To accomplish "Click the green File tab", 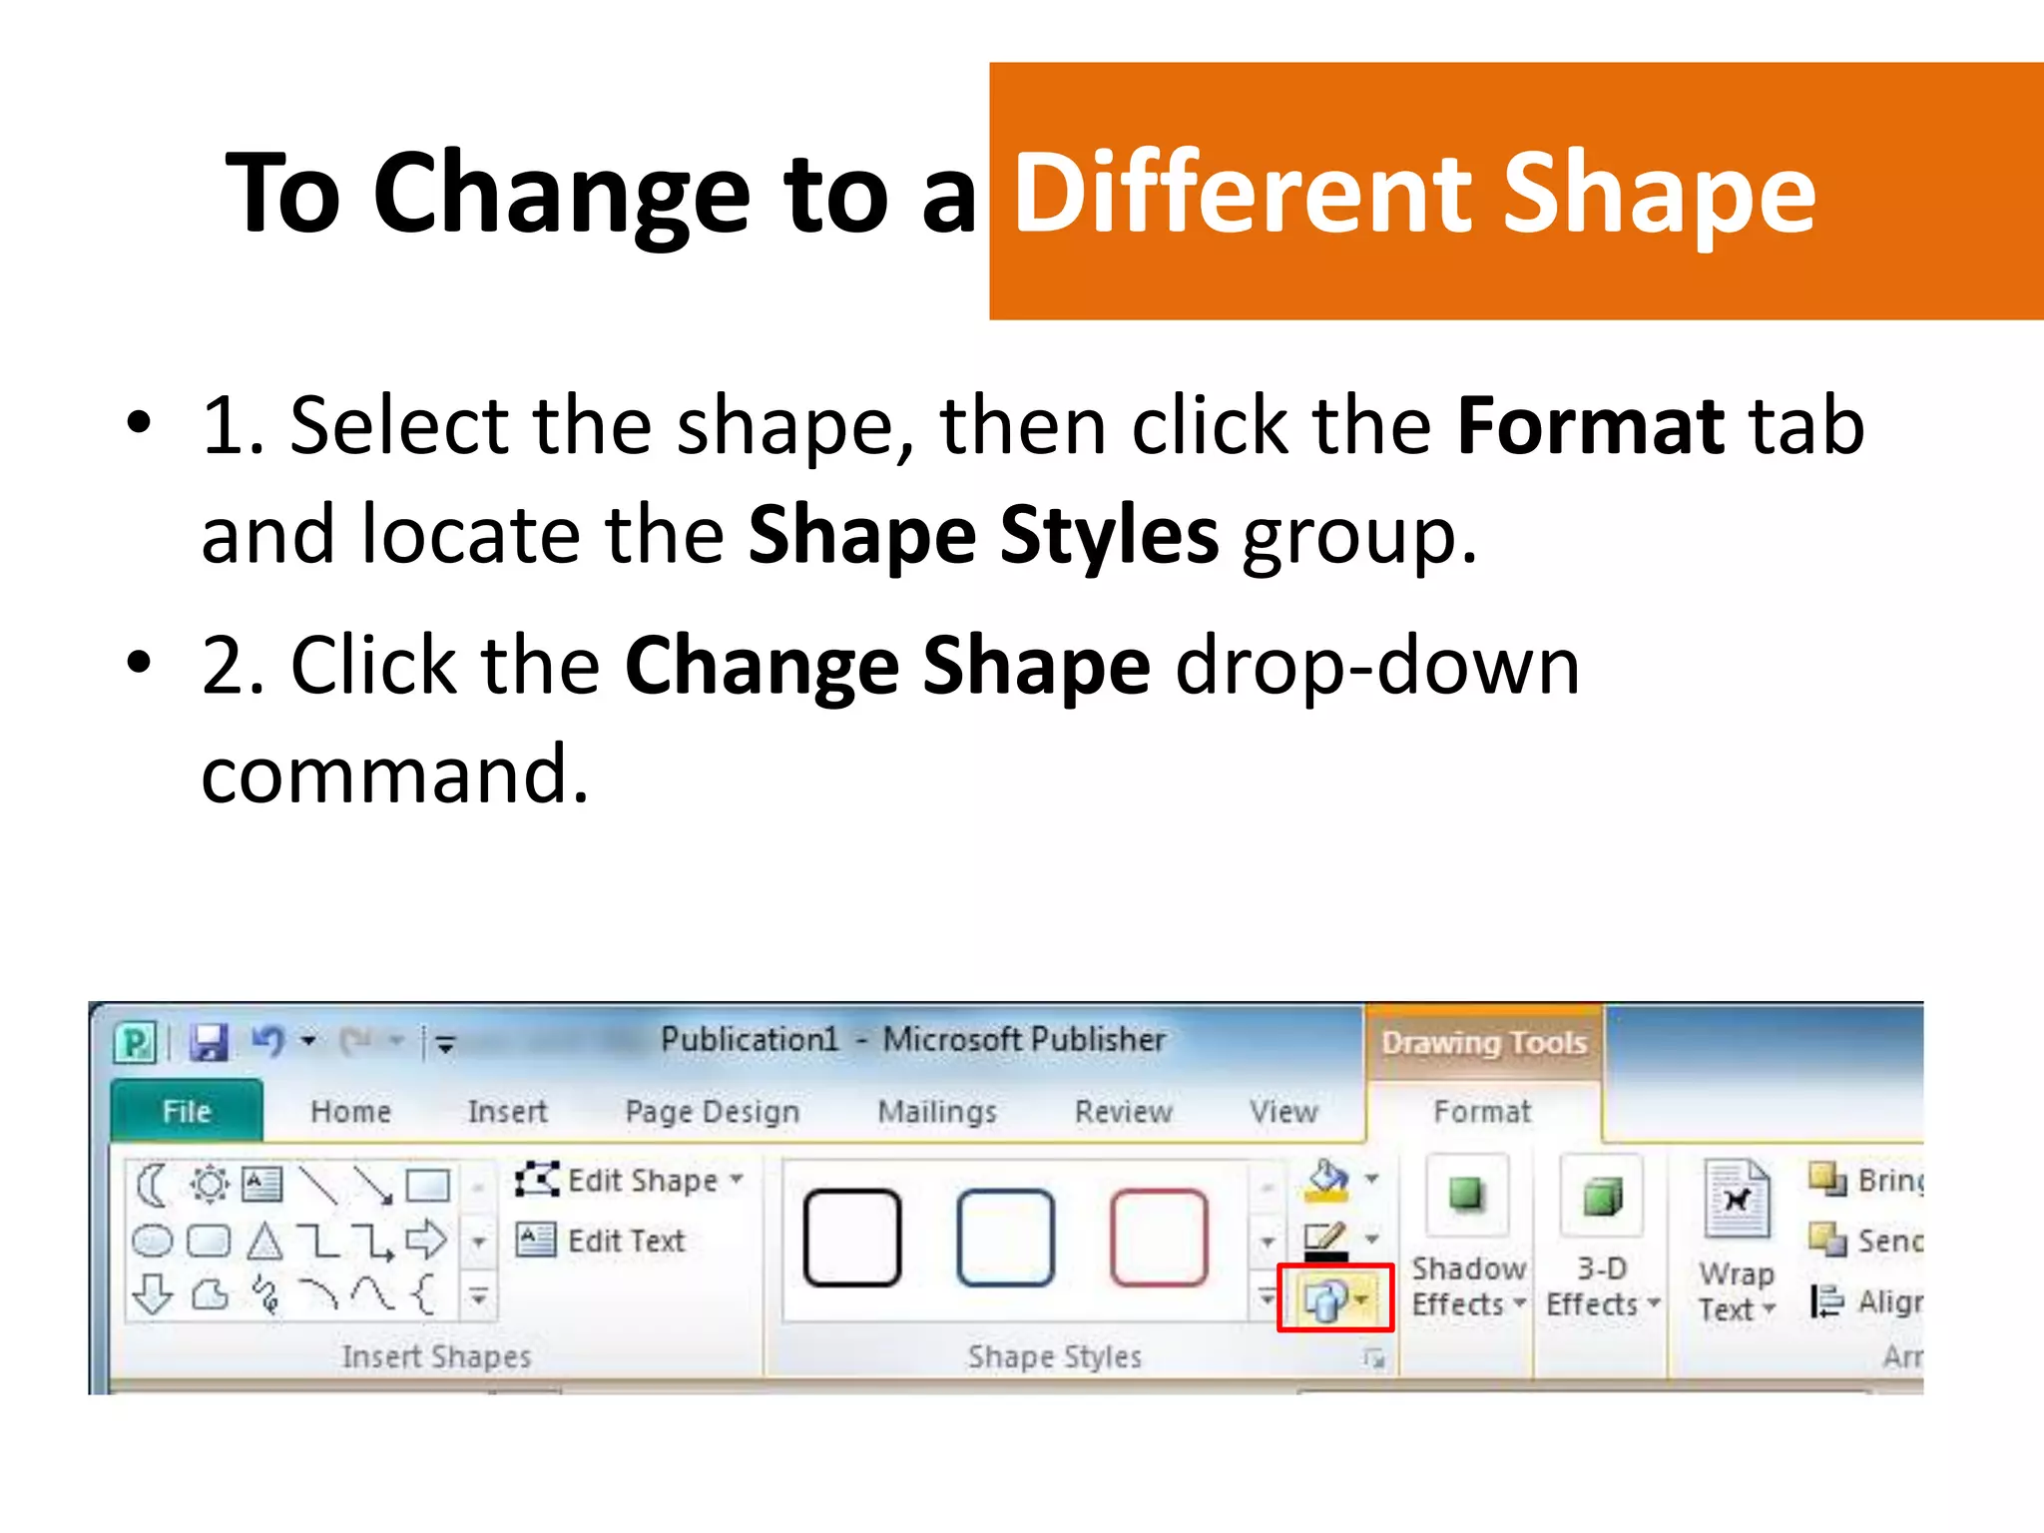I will [187, 1111].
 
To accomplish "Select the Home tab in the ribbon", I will [350, 1111].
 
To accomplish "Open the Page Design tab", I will [712, 1111].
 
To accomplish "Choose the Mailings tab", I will [936, 1111].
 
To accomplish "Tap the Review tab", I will [1123, 1111].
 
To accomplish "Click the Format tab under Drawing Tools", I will [1481, 1111].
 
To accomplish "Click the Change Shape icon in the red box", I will [1332, 1298].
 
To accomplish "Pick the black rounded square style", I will [852, 1238].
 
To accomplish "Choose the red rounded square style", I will [1159, 1238].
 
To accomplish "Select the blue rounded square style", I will [1005, 1238].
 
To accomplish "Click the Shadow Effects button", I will [1467, 1238].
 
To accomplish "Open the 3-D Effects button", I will [1601, 1238].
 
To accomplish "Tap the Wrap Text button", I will [1737, 1243].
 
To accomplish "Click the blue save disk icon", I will [210, 1042].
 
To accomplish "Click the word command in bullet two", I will [394, 773].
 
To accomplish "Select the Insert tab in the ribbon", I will [507, 1111].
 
